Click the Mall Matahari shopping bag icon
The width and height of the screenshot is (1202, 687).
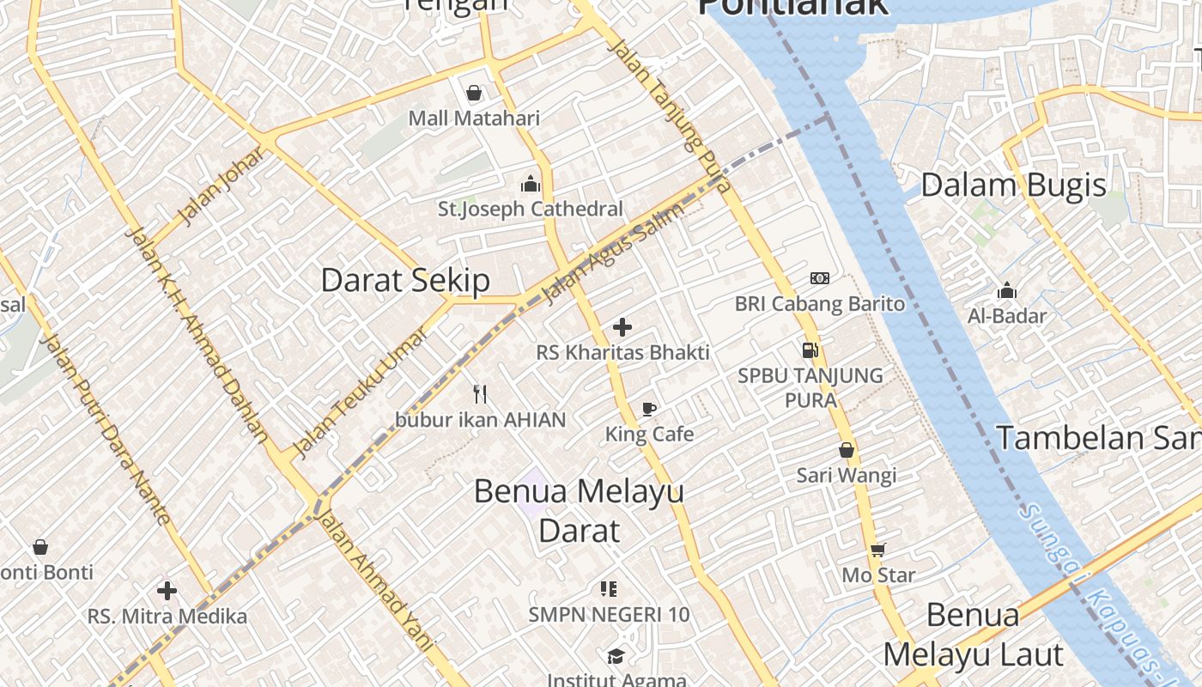tap(474, 93)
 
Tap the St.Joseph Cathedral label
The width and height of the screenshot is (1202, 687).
tap(531, 209)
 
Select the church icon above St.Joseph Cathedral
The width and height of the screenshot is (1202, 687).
tap(531, 184)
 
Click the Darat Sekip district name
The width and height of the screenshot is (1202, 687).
tap(405, 280)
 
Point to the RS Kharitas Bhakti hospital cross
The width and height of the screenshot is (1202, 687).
tap(622, 327)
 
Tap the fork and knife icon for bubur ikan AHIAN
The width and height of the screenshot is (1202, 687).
tap(480, 394)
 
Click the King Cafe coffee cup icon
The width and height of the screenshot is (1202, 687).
tap(649, 410)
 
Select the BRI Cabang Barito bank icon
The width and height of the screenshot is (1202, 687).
tap(820, 278)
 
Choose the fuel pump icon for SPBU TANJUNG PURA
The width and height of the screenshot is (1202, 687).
tap(810, 350)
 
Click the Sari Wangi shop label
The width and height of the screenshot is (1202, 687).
tap(847, 475)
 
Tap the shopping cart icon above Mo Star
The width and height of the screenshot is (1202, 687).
tap(877, 550)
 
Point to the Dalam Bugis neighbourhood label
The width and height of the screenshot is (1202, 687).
tap(1013, 185)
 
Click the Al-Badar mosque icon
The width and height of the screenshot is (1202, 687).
tap(1007, 291)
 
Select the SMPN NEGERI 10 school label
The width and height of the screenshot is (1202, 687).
tap(609, 615)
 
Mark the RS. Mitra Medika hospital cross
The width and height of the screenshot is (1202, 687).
tap(167, 591)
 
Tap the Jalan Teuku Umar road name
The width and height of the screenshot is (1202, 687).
tap(360, 392)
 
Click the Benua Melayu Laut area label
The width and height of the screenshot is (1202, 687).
tap(974, 635)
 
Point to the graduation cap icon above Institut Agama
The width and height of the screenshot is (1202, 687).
tap(616, 657)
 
